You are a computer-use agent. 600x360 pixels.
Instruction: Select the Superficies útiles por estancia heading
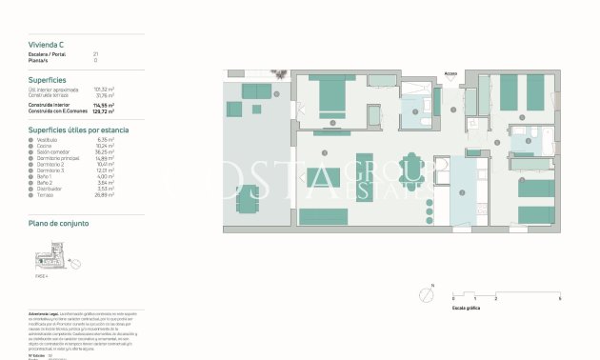(78, 129)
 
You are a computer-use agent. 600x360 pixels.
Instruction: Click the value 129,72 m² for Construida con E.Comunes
(105, 112)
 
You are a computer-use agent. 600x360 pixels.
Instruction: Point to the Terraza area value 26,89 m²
(106, 195)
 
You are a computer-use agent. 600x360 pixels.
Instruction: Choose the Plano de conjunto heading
(59, 223)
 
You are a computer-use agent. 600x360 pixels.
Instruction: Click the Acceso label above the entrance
(450, 72)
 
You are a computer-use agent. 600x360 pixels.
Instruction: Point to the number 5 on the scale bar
(559, 298)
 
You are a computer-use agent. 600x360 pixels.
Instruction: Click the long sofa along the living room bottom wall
(324, 216)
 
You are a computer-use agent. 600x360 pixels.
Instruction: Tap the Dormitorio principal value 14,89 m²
(106, 158)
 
